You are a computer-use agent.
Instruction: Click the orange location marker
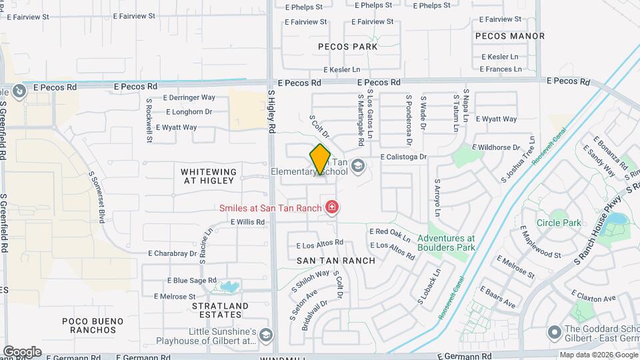[x=320, y=159]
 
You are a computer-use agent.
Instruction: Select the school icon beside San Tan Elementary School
[x=358, y=165]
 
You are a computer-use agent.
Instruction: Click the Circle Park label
[x=559, y=223]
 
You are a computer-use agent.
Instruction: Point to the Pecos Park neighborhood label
[x=347, y=47]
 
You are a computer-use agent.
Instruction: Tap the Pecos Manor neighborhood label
[x=510, y=36]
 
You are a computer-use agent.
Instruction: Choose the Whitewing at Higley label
[x=209, y=176]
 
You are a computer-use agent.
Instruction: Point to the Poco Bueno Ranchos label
[x=89, y=325]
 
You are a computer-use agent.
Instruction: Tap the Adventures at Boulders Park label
[x=446, y=243]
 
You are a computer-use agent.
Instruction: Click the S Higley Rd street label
[x=272, y=112]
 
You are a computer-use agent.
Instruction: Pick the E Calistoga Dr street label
[x=403, y=157]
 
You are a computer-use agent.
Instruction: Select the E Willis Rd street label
[x=248, y=222]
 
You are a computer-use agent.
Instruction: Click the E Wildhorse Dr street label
[x=495, y=147]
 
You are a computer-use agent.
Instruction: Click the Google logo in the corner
[x=22, y=351]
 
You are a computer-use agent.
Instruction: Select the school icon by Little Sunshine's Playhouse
[x=266, y=334]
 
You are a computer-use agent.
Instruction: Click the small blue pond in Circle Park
[x=617, y=219]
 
